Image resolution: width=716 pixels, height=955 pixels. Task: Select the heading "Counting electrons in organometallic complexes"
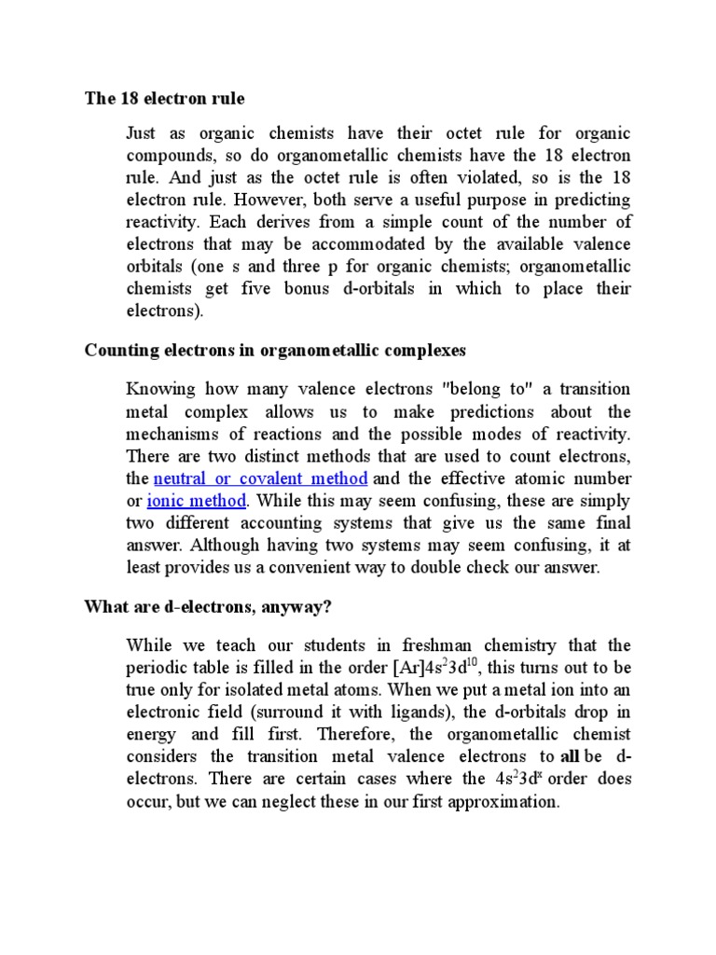coord(275,351)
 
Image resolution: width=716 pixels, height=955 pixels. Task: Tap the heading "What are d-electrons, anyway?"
coord(208,607)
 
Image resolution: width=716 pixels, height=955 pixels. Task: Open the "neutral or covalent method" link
coord(260,479)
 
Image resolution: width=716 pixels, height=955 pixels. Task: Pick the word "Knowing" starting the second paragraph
coord(159,390)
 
